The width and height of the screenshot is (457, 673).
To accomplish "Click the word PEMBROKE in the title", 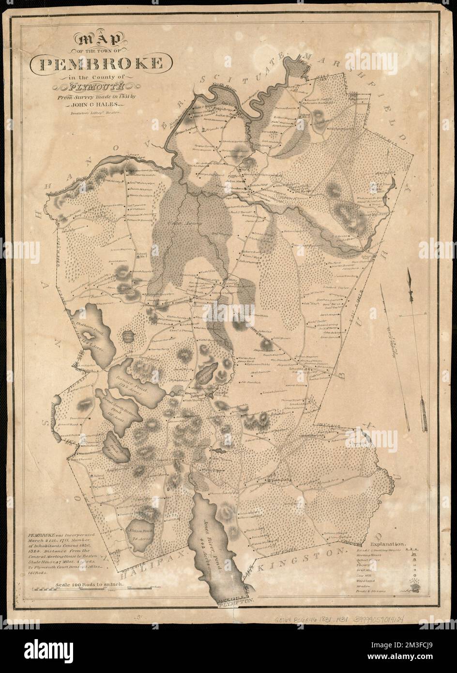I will point(103,62).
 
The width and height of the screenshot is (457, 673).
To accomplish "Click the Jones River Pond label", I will point(212,528).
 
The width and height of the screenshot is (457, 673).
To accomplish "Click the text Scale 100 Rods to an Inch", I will point(91,585).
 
